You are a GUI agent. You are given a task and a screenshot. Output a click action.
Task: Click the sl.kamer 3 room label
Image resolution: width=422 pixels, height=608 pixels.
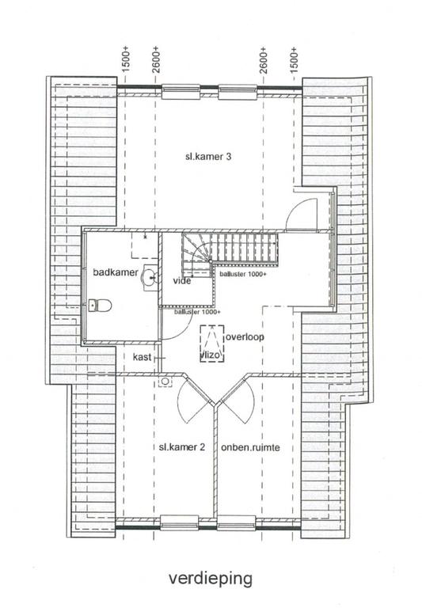pyautogui.click(x=208, y=157)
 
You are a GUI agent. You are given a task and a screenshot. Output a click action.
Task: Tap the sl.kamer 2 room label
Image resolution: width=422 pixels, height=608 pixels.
pyautogui.click(x=182, y=447)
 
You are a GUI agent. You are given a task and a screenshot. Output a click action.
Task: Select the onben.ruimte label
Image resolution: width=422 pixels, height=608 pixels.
pyautogui.click(x=250, y=447)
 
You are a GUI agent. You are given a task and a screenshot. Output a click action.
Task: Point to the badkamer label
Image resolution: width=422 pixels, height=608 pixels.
pyautogui.click(x=116, y=272)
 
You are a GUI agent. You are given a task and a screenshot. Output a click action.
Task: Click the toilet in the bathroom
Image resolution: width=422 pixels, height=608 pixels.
pyautogui.click(x=100, y=305)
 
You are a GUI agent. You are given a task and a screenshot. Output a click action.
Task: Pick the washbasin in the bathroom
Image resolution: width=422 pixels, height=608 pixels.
pyautogui.click(x=150, y=278)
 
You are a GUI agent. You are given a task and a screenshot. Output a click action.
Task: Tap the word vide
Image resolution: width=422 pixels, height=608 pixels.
pyautogui.click(x=182, y=280)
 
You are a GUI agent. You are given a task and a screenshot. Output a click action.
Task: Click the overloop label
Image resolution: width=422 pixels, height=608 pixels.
pyautogui.click(x=245, y=336)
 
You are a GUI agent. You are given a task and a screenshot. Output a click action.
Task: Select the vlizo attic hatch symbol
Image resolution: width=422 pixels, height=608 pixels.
pyautogui.click(x=212, y=344)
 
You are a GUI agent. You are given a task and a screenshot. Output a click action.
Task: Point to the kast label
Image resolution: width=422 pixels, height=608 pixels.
pyautogui.click(x=142, y=357)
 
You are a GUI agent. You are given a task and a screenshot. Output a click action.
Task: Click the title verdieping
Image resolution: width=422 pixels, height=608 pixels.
pyautogui.click(x=211, y=578)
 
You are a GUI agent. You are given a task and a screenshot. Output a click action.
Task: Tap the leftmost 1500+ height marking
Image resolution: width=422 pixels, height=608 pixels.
pyautogui.click(x=125, y=59)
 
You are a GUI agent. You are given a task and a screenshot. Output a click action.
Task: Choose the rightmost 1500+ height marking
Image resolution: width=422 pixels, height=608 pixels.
pyautogui.click(x=294, y=59)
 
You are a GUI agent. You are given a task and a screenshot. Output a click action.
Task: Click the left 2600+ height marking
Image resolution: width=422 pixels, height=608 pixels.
pyautogui.click(x=155, y=59)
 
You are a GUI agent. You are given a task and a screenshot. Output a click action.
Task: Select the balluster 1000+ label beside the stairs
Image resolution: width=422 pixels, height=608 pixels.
pyautogui.click(x=243, y=274)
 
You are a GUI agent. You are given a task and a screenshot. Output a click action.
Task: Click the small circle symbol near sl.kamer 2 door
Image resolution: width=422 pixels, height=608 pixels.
pyautogui.click(x=165, y=382)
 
